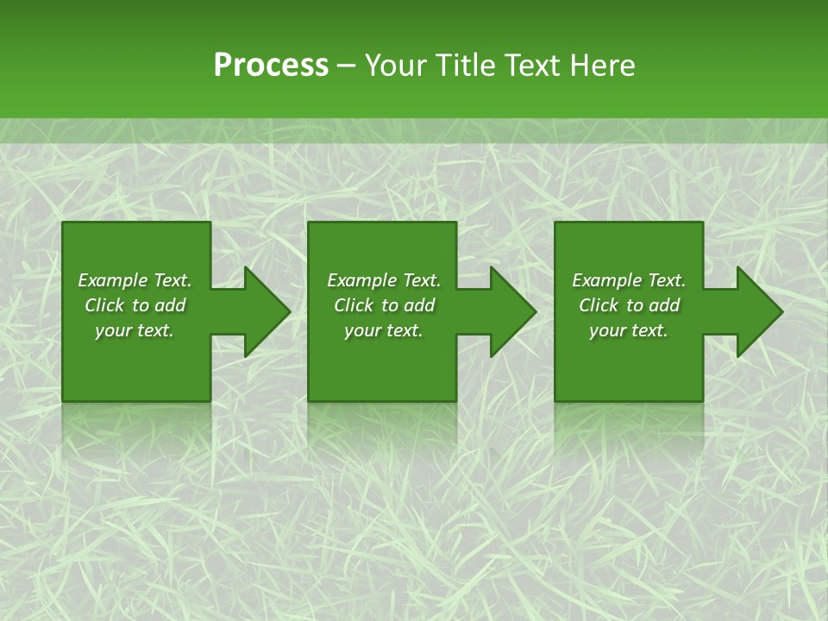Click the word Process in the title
click(x=271, y=66)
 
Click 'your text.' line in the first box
click(x=134, y=330)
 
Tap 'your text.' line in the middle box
click(x=383, y=330)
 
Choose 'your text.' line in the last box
click(x=628, y=330)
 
